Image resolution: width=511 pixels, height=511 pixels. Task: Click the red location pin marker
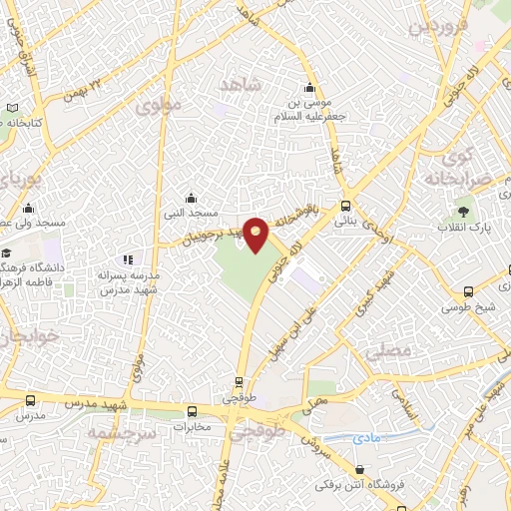(x=256, y=234)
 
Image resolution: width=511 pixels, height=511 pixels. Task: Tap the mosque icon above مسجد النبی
(x=192, y=198)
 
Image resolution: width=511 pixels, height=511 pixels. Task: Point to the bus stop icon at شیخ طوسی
(x=469, y=292)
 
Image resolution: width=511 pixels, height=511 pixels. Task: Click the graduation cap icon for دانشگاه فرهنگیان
(x=6, y=253)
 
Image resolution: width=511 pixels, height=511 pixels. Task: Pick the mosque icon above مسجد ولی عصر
(x=28, y=209)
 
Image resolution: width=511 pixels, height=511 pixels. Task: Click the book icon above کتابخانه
(x=13, y=108)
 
